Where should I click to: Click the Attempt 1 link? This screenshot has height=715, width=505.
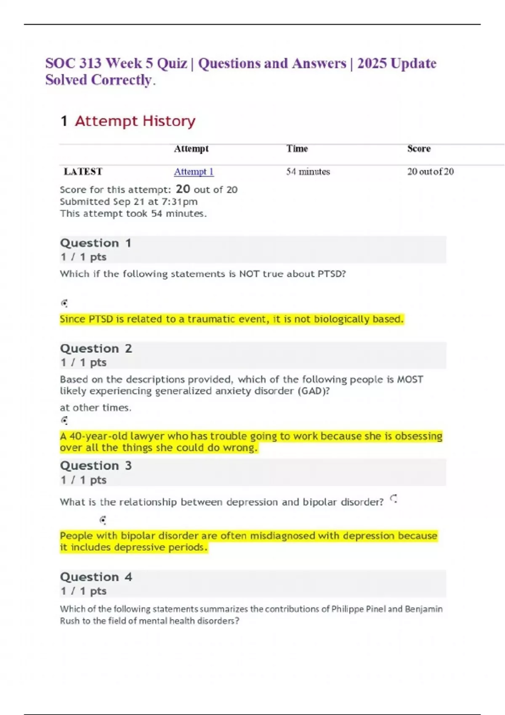pyautogui.click(x=194, y=172)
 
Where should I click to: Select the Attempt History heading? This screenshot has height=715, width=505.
pyautogui.click(x=135, y=121)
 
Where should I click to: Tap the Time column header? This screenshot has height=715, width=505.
pyautogui.click(x=297, y=148)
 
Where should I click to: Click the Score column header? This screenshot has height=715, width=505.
pyautogui.click(x=419, y=148)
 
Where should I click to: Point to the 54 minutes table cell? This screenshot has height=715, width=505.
pyautogui.click(x=308, y=172)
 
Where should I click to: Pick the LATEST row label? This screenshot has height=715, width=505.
pyautogui.click(x=83, y=172)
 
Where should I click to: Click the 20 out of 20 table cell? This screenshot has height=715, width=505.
pyautogui.click(x=430, y=172)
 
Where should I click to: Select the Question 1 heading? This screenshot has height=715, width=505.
pyautogui.click(x=96, y=243)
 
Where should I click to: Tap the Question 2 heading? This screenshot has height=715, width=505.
pyautogui.click(x=96, y=349)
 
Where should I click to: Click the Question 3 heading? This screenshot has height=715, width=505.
pyautogui.click(x=96, y=466)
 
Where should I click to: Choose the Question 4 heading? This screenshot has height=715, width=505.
pyautogui.click(x=96, y=577)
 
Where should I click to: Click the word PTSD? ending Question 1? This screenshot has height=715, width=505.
pyautogui.click(x=332, y=274)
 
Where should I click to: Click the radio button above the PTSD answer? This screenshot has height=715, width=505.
pyautogui.click(x=64, y=303)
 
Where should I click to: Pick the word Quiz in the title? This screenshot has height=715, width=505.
pyautogui.click(x=172, y=64)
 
